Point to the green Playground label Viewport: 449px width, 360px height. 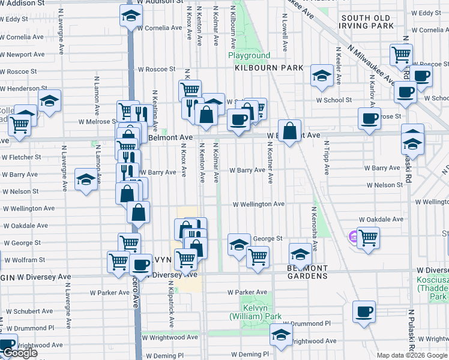[249, 56]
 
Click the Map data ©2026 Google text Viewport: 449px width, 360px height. [412, 355]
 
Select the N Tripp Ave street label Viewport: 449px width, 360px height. [327, 158]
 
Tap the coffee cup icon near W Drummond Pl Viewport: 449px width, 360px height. [364, 312]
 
